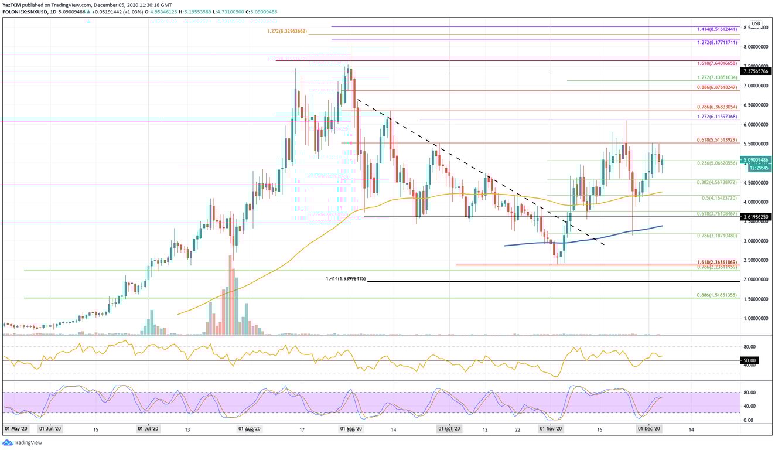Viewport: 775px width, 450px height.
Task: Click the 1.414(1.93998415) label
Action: (x=346, y=279)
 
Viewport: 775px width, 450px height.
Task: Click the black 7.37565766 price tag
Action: (x=757, y=71)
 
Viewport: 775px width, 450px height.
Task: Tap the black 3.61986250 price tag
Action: (x=757, y=217)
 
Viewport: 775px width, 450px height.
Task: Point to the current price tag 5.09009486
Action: (x=757, y=159)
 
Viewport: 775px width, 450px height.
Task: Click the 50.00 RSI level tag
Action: (x=750, y=360)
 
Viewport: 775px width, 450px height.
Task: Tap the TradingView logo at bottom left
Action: (x=16, y=443)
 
